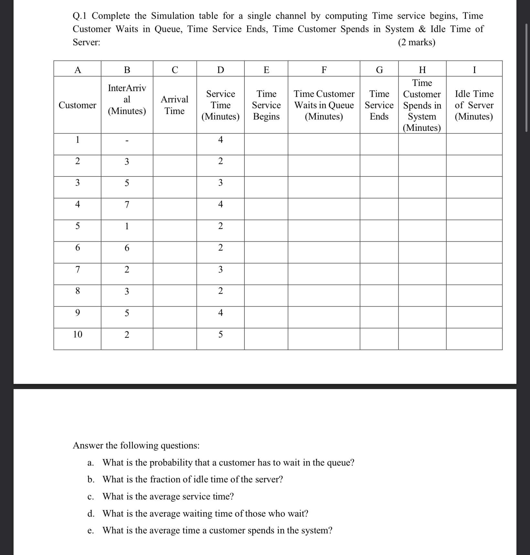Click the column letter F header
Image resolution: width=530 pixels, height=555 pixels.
[x=324, y=69]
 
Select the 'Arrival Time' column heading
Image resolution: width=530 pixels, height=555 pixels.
[x=175, y=105]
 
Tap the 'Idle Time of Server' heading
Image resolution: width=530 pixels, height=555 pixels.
[x=474, y=105]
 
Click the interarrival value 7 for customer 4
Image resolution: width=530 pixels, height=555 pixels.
[x=127, y=204]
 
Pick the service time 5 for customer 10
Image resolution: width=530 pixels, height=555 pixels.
[x=220, y=334]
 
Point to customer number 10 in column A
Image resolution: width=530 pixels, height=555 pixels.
[x=78, y=334]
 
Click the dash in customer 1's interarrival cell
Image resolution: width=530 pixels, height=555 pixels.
[x=127, y=141]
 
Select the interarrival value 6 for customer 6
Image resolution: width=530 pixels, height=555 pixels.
[x=127, y=248]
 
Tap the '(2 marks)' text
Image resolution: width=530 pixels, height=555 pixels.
[x=417, y=42]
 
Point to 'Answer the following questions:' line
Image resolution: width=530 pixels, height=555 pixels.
[x=136, y=446]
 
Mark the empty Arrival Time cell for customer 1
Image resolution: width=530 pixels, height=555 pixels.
[x=175, y=144]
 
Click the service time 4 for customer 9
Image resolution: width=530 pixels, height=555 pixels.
[x=220, y=313]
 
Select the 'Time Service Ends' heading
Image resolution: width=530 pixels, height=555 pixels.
[x=379, y=105]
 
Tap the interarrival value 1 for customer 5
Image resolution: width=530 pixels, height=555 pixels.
[x=127, y=226]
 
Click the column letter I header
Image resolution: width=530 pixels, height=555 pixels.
[x=474, y=69]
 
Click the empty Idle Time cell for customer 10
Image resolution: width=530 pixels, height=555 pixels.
[x=474, y=339]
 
